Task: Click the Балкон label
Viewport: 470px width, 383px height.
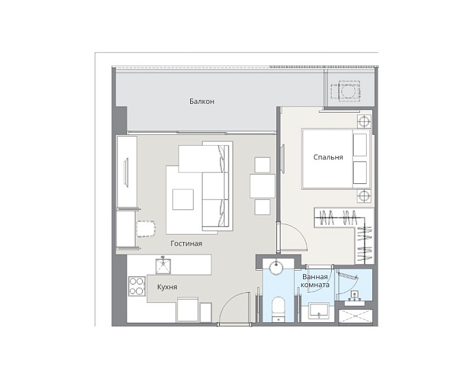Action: (202, 101)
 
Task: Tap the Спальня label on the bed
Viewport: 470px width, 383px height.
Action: (328, 157)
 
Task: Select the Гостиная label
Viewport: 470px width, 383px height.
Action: (186, 243)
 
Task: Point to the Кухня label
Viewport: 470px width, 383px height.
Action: (167, 287)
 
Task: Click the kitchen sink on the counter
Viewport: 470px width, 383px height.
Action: (163, 267)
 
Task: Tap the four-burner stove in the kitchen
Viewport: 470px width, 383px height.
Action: (137, 286)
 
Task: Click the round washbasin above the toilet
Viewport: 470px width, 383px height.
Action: (276, 267)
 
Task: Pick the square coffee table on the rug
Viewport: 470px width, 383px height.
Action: (183, 199)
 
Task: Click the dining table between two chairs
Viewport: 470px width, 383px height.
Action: (263, 186)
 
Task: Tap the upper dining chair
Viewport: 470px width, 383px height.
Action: (262, 165)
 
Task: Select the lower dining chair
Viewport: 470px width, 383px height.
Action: (262, 207)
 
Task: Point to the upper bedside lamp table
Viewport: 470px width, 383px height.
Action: (364, 122)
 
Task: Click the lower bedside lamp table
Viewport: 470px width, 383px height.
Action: (364, 196)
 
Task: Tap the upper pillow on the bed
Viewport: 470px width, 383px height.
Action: (360, 145)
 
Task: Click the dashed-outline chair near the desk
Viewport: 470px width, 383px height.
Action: (146, 229)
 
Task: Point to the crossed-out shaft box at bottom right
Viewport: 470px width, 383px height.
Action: (356, 317)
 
